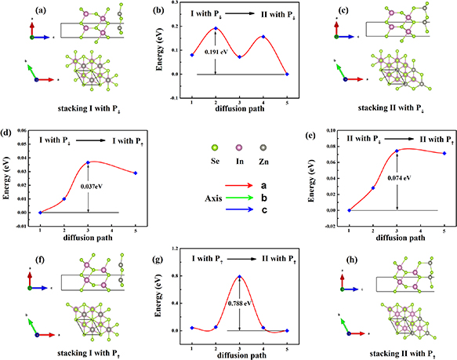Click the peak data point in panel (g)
(x=239, y=276)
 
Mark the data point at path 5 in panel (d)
(x=136, y=173)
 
